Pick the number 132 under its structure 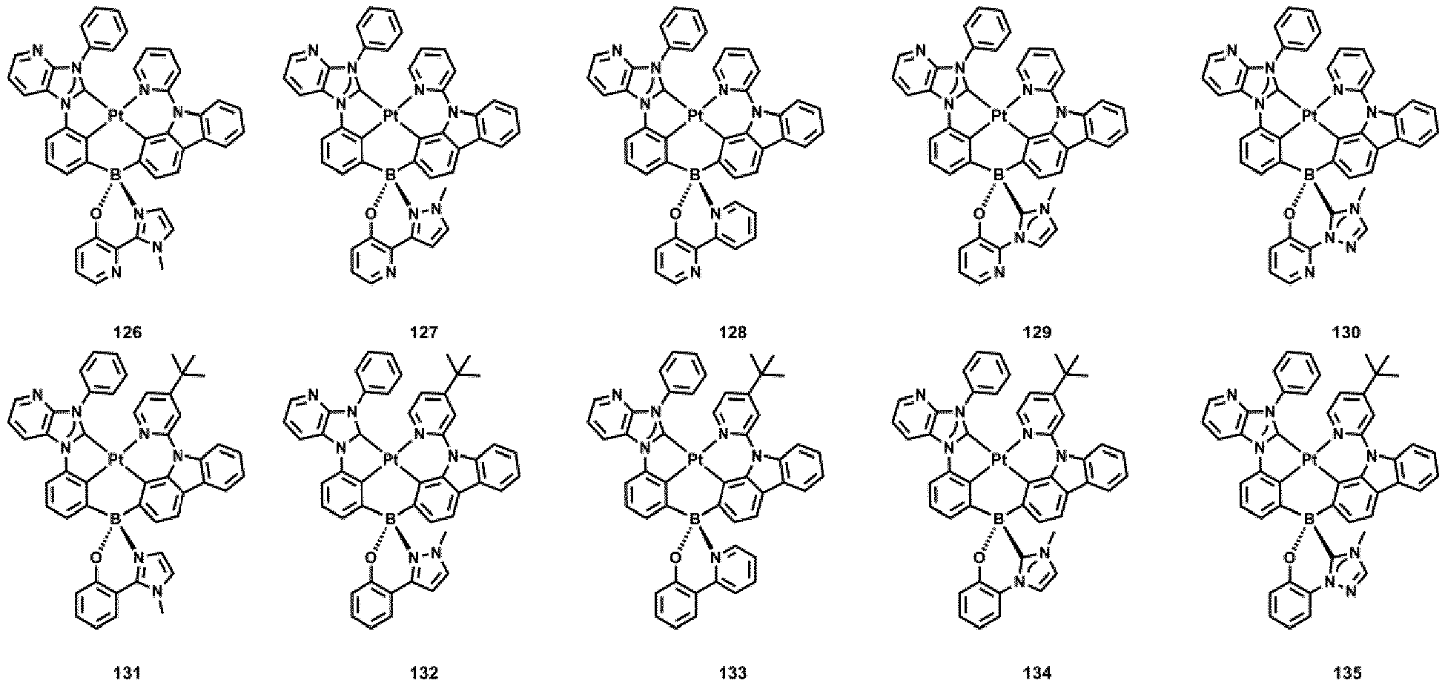pos(422,673)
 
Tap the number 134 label pos(1036,673)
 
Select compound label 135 pos(1346,673)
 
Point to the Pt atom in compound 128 pos(695,116)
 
